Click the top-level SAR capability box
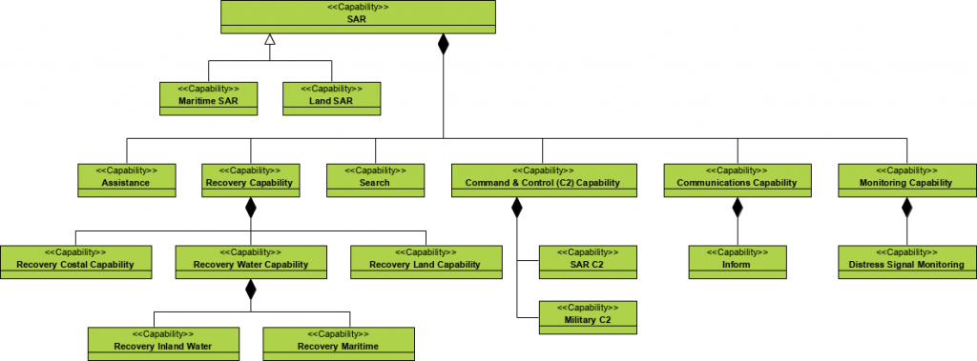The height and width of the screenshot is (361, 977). [359, 16]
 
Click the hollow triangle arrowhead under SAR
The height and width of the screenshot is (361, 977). [271, 40]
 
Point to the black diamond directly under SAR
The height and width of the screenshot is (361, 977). [443, 43]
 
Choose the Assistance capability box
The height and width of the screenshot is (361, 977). [127, 180]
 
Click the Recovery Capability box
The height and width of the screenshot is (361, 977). [251, 180]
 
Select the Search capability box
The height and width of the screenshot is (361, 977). [375, 180]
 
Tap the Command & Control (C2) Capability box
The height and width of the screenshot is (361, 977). [542, 180]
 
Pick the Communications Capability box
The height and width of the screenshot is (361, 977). [738, 180]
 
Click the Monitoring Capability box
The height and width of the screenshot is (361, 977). [906, 180]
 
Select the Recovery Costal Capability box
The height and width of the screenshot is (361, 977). [76, 262]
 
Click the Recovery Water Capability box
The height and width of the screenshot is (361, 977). [251, 262]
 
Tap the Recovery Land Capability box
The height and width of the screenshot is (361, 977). [426, 262]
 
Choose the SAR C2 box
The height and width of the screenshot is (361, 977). [588, 262]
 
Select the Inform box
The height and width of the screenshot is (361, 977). [738, 262]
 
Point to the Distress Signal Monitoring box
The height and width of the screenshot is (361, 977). [906, 262]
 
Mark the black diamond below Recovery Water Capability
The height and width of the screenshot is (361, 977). [251, 290]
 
